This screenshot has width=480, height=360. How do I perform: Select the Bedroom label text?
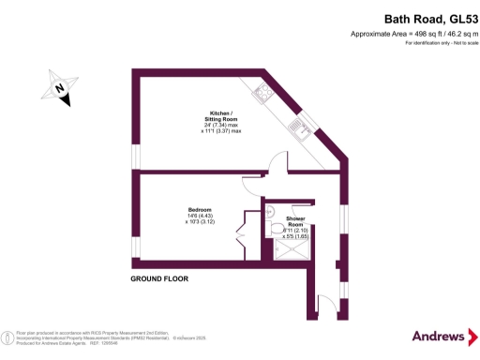[200, 209]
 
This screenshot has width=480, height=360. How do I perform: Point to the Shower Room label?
[295, 221]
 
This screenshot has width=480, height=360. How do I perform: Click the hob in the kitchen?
[262, 93]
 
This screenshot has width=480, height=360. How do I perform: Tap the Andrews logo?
[438, 336]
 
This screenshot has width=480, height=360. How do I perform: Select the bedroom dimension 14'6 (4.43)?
[201, 216]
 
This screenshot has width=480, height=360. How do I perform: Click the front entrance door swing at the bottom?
[326, 301]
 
